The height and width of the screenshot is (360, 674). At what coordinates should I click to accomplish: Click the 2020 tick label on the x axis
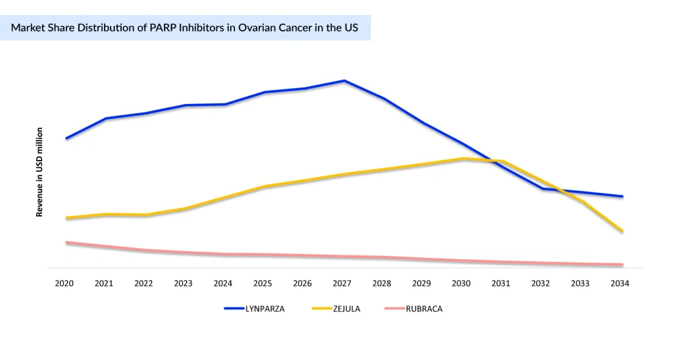64,284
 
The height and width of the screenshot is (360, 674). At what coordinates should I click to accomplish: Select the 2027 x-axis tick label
342,284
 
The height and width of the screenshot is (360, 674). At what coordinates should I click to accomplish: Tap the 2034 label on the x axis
619,284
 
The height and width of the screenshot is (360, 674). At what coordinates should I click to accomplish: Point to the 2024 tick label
222,284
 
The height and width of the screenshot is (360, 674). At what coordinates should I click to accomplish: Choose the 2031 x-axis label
500,284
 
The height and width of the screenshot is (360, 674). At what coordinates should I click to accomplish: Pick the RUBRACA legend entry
424,309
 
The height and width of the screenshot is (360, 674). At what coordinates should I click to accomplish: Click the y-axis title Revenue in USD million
39,172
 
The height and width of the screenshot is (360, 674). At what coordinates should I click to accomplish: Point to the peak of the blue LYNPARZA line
344,81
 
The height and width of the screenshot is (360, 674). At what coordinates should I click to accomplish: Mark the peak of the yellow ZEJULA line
463,159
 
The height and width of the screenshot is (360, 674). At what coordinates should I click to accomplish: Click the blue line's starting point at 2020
66,138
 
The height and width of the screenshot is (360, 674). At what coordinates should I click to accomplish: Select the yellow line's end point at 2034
622,231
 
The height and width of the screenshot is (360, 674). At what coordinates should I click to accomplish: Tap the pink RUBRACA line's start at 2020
66,242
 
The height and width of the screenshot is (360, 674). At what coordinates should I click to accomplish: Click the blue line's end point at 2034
622,196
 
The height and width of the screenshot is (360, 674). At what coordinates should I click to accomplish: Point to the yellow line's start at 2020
66,218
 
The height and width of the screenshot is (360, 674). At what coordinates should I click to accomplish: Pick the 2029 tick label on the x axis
421,284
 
